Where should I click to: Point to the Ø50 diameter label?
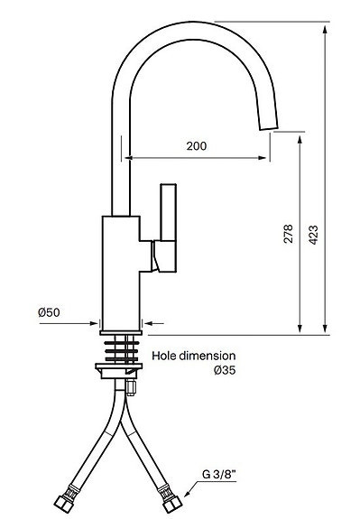(49, 312)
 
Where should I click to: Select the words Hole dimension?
(194, 356)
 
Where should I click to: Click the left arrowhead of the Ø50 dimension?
(97, 320)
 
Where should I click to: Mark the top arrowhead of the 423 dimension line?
(323, 27)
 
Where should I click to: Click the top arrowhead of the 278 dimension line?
(297, 134)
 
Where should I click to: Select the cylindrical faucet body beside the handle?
(121, 271)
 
